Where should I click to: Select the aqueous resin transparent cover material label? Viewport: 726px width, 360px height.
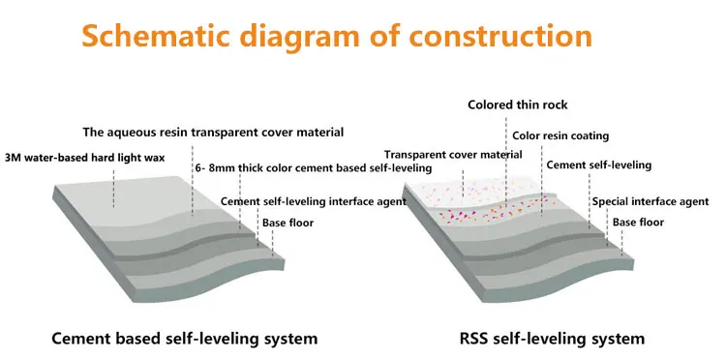(x=213, y=132)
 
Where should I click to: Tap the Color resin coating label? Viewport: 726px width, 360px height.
(x=560, y=136)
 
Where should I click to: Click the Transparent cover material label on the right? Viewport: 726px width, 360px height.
(x=452, y=155)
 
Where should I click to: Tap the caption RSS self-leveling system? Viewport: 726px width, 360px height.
(x=553, y=339)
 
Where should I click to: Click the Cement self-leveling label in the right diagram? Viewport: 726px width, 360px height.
(x=598, y=165)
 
